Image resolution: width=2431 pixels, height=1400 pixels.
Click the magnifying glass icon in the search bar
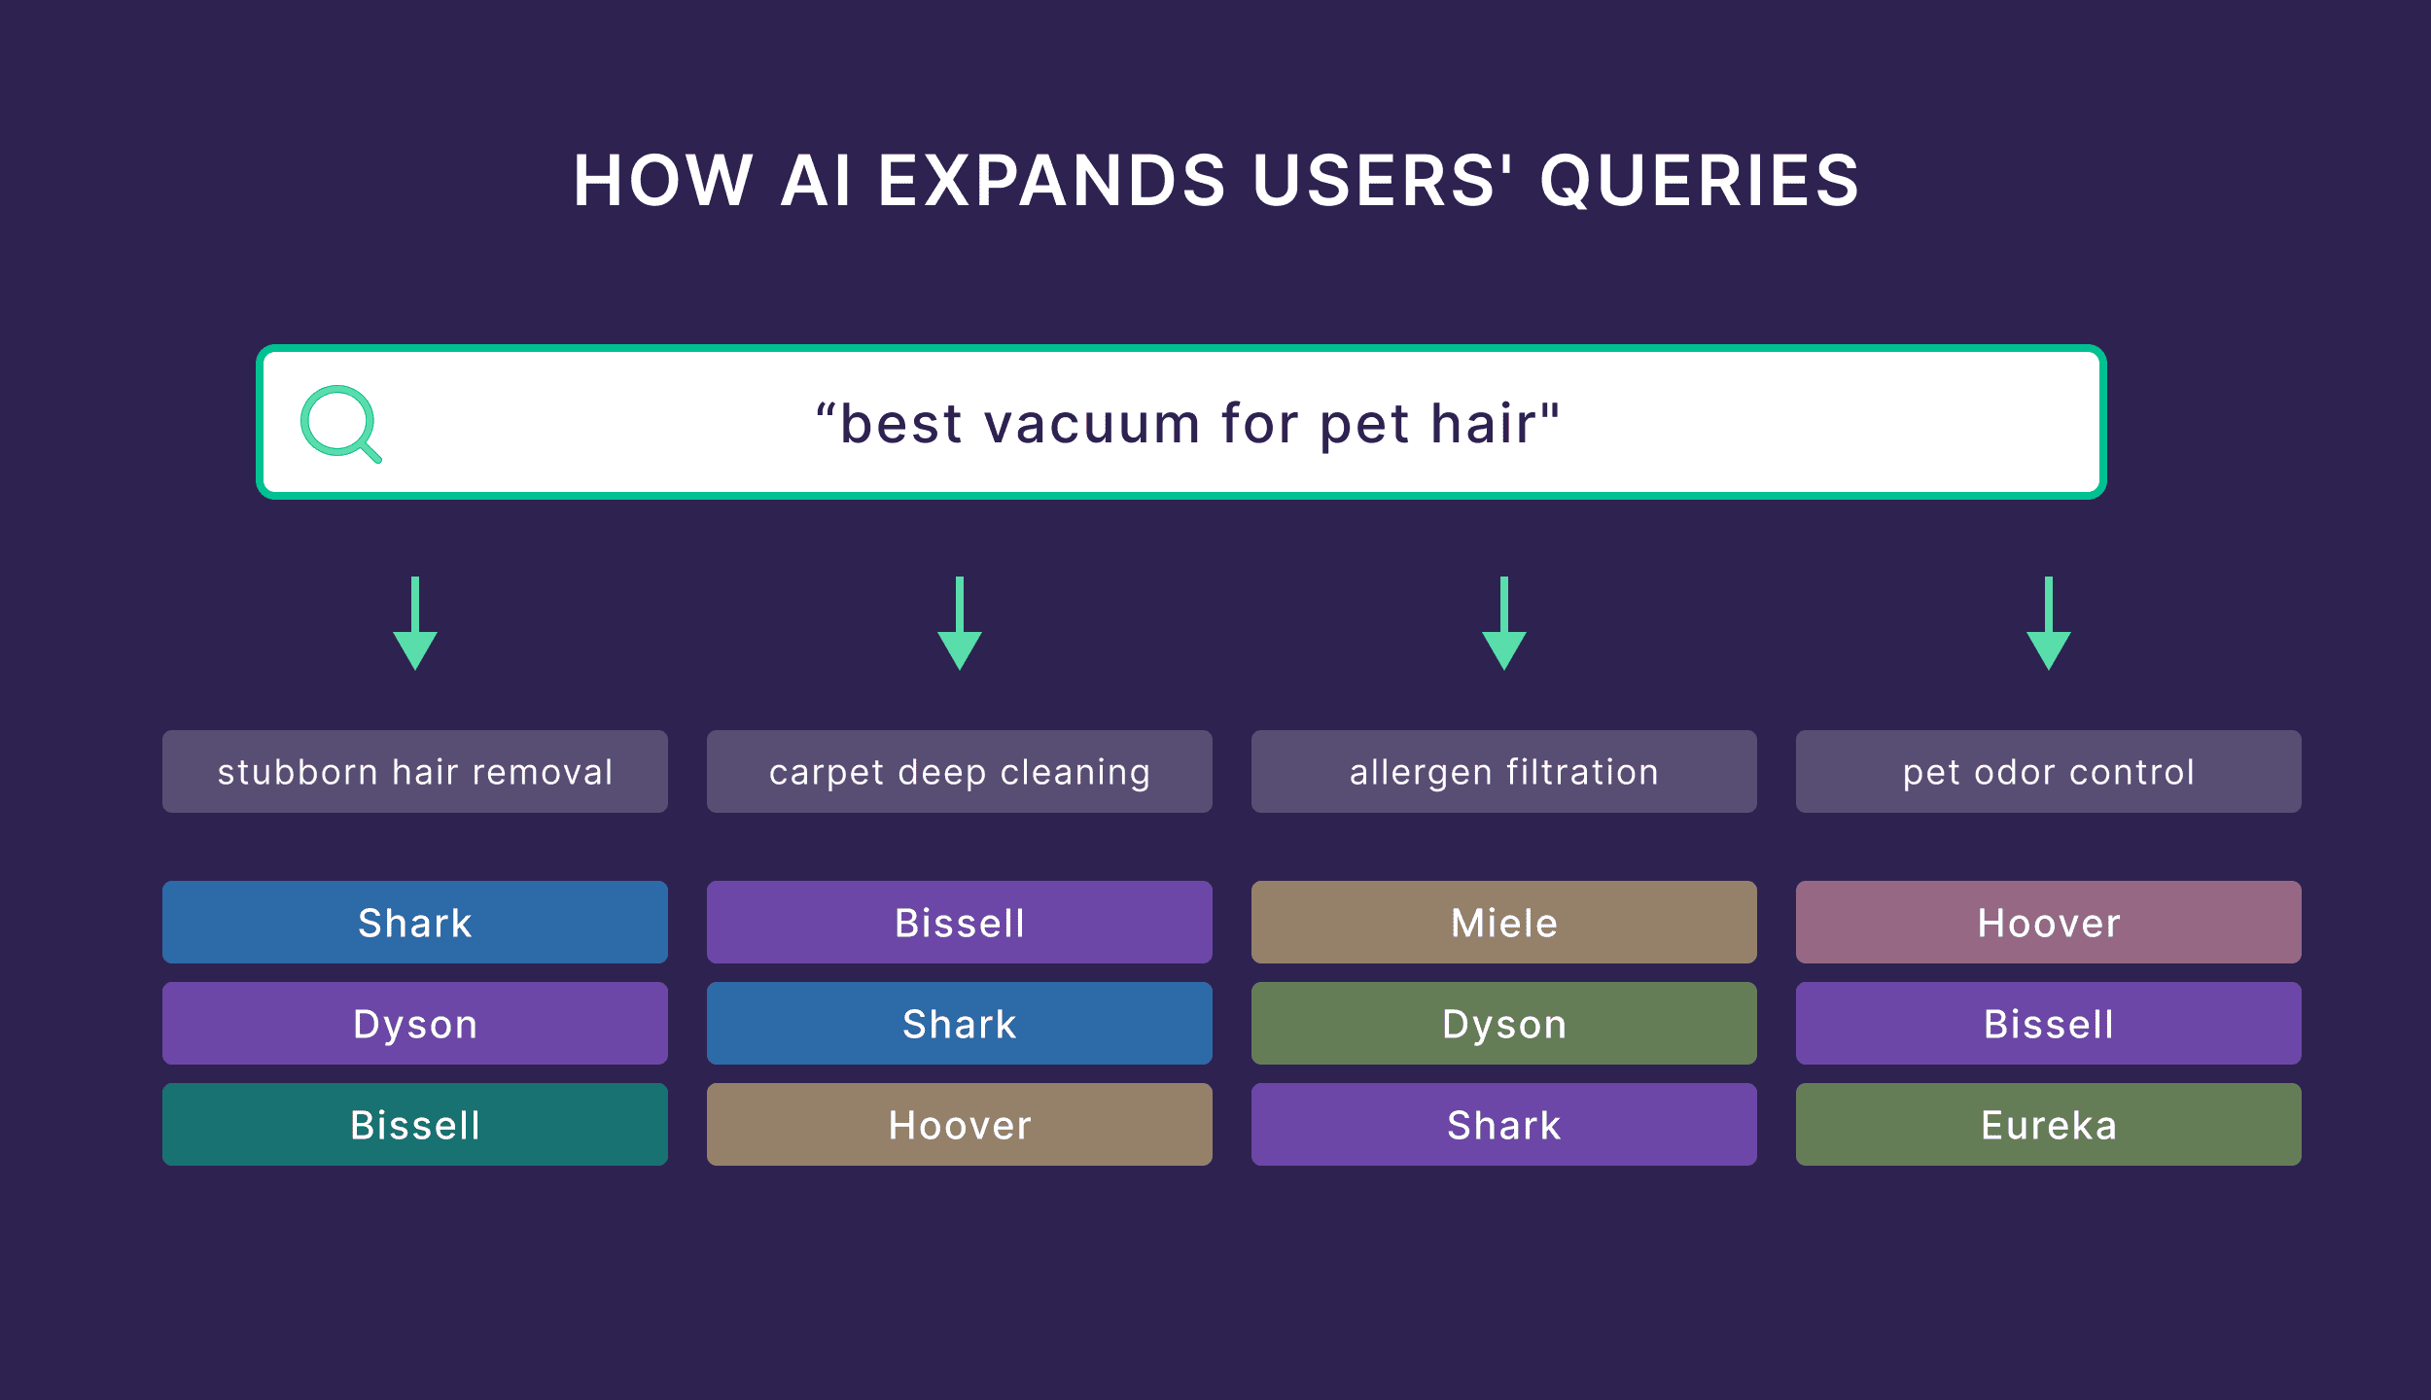pyautogui.click(x=339, y=423)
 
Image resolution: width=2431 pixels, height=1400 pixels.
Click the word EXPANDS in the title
pyautogui.click(x=1051, y=181)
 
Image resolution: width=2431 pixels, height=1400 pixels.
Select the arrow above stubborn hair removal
pyautogui.click(x=415, y=623)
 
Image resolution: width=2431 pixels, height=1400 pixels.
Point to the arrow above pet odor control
pyautogui.click(x=2048, y=623)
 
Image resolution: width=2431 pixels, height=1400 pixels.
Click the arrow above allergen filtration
pyautogui.click(x=1503, y=623)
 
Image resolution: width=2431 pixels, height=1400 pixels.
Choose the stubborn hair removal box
pyautogui.click(x=415, y=771)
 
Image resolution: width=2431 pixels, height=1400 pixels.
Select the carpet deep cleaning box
pyautogui.click(x=959, y=771)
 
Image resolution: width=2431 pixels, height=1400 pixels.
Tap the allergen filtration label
pyautogui.click(x=1503, y=771)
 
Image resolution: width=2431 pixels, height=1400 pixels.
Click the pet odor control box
pyautogui.click(x=2048, y=771)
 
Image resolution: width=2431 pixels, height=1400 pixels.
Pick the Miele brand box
pyautogui.click(x=1503, y=922)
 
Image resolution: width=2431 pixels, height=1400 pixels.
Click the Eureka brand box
pyautogui.click(x=2048, y=1124)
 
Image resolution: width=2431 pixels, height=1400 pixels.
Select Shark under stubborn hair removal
pyautogui.click(x=415, y=922)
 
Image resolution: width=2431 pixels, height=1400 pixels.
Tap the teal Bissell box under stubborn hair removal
pyautogui.click(x=415, y=1124)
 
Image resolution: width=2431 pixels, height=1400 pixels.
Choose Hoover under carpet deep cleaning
pyautogui.click(x=959, y=1124)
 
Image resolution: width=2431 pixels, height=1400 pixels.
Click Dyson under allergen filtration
pyautogui.click(x=1503, y=1023)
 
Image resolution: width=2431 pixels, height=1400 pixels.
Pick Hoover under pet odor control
pyautogui.click(x=2048, y=922)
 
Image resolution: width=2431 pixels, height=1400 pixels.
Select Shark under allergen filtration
pyautogui.click(x=1503, y=1124)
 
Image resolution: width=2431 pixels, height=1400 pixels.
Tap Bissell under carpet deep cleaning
pyautogui.click(x=959, y=922)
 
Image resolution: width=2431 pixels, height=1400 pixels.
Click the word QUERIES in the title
pyautogui.click(x=1699, y=181)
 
